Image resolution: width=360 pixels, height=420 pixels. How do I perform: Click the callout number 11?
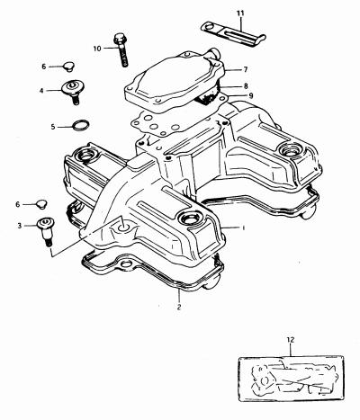click(x=240, y=13)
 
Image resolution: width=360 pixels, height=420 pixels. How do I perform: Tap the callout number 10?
click(x=97, y=49)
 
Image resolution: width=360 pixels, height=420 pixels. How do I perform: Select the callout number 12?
click(x=291, y=340)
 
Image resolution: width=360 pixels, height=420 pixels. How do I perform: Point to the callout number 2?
click(x=179, y=307)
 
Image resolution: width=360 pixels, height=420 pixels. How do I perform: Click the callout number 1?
click(x=244, y=228)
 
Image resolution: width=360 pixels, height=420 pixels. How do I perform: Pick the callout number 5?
click(x=53, y=127)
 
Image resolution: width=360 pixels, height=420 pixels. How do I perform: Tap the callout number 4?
click(x=41, y=90)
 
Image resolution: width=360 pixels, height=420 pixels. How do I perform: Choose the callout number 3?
click(x=20, y=226)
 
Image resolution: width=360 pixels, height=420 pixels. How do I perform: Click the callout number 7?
click(x=246, y=69)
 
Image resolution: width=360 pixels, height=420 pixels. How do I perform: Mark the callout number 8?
click(x=246, y=86)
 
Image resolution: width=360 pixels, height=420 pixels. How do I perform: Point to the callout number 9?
click(x=251, y=96)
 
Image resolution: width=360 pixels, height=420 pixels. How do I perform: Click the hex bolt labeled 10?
click(x=121, y=49)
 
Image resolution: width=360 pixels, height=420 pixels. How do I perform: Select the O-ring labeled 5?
click(x=81, y=125)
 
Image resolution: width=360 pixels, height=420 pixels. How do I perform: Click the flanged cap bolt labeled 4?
click(x=72, y=92)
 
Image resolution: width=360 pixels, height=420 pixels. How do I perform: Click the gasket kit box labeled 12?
click(x=291, y=379)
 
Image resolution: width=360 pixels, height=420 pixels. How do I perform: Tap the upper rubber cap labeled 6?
click(x=68, y=67)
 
